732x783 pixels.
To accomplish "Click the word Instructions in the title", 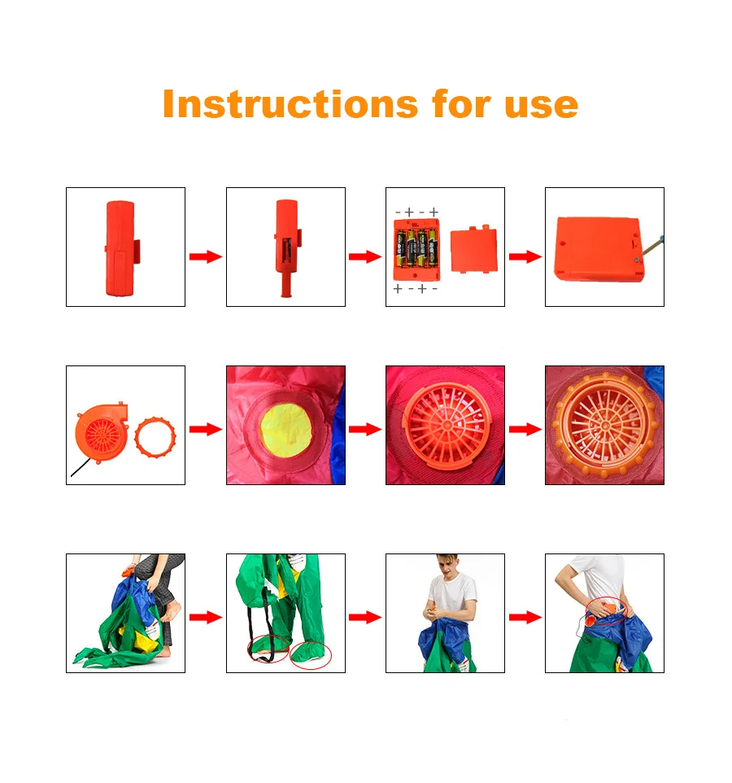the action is pos(290,104).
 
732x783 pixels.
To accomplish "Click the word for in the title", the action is pos(461,104).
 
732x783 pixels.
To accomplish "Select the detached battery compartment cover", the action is pos(474,249).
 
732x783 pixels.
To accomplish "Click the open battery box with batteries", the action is pos(416,250).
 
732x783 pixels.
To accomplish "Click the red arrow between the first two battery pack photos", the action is pos(206,256).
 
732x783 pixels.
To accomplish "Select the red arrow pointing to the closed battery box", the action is pos(525,256).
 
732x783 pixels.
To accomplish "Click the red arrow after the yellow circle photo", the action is pos(364,429).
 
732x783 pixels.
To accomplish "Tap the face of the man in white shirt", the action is pos(447,566).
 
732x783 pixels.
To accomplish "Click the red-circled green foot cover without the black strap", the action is pos(310,654).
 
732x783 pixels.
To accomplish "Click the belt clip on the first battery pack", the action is pos(136,252).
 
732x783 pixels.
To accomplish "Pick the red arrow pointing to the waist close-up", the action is pos(525,617).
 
